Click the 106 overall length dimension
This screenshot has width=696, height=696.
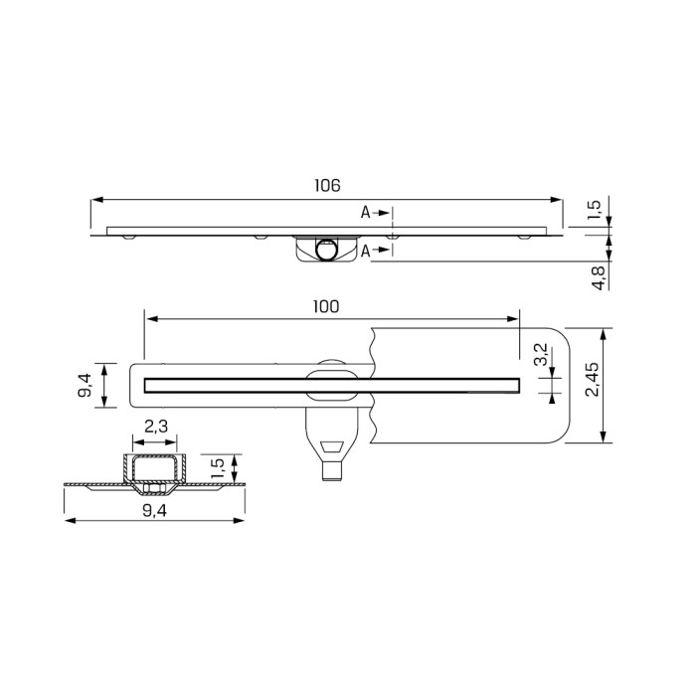click(x=328, y=186)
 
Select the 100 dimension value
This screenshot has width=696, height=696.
click(x=325, y=307)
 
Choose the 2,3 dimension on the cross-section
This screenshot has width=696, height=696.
click(x=155, y=427)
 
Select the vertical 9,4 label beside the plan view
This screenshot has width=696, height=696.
click(x=85, y=384)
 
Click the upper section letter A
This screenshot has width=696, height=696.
click(x=365, y=213)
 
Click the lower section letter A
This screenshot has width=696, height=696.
click(x=365, y=251)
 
